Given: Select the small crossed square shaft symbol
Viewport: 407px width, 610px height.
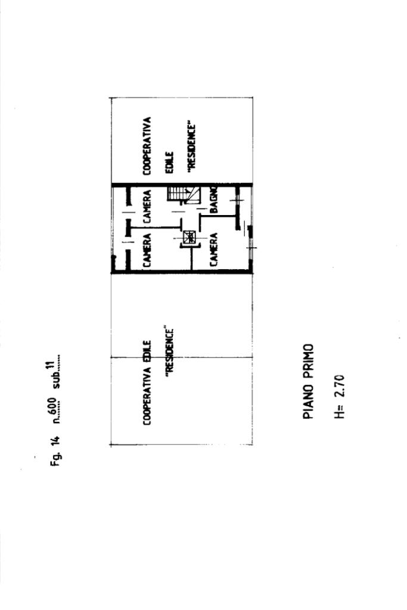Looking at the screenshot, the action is (190, 237).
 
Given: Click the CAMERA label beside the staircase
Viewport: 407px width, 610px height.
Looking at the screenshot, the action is (147, 206).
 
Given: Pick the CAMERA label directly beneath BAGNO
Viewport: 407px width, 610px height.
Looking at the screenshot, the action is (213, 250).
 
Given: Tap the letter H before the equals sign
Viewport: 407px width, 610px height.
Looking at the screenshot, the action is (340, 415).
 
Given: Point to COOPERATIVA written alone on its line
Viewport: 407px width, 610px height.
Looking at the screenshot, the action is (147, 146).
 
